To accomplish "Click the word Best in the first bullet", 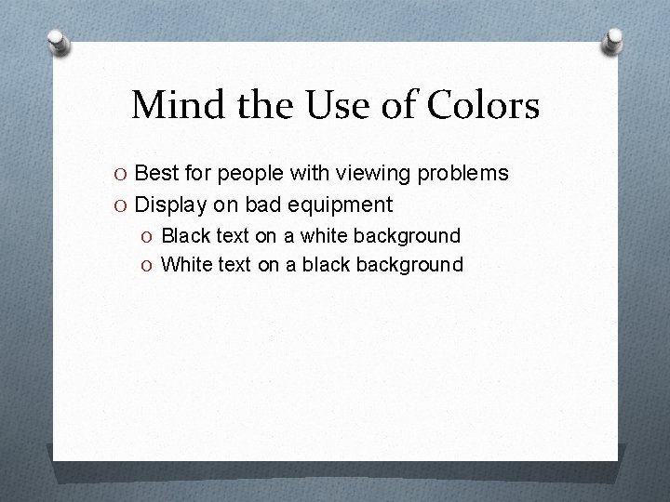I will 156,173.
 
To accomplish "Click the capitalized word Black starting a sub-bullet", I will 184,236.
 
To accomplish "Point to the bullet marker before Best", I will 123,174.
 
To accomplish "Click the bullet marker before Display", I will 123,205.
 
